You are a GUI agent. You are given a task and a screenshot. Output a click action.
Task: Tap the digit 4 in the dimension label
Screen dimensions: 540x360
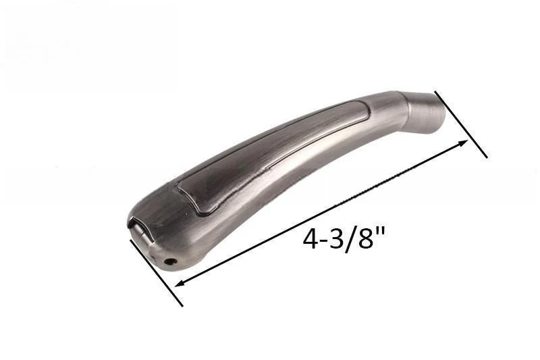click(x=310, y=238)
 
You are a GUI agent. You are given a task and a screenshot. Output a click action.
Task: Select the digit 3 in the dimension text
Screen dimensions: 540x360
click(x=336, y=238)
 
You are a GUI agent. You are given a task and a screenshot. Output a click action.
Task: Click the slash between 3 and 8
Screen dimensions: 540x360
click(x=350, y=238)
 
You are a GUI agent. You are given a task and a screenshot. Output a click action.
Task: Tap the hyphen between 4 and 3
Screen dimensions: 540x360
click(x=324, y=241)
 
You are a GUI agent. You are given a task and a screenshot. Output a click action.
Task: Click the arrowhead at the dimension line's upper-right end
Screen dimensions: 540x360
click(x=462, y=143)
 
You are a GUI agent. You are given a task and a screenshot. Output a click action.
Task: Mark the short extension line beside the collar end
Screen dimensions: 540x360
click(x=461, y=124)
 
